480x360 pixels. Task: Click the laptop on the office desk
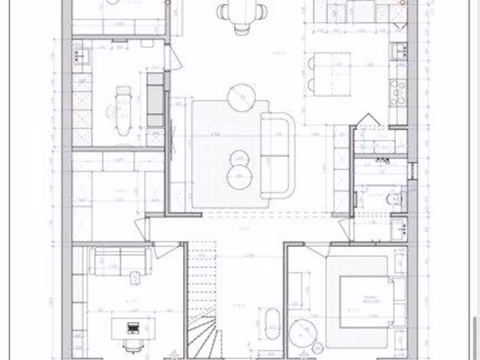(134, 328)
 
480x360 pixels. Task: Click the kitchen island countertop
(332, 74)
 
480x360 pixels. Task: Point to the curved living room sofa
(277, 155)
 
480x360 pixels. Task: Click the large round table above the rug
(241, 97)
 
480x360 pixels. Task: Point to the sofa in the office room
(120, 262)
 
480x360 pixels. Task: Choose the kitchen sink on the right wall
(398, 51)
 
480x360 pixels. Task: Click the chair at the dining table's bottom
(242, 30)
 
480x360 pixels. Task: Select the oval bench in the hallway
(272, 323)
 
